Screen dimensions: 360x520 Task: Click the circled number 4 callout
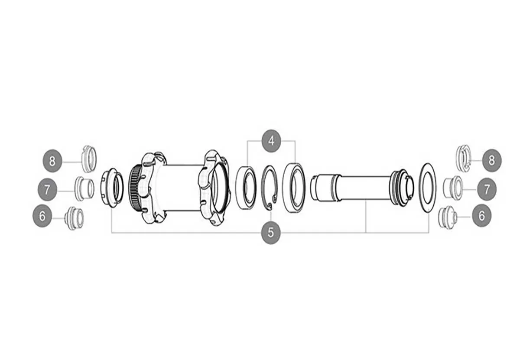tap(271, 141)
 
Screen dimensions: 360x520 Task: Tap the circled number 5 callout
tap(271, 233)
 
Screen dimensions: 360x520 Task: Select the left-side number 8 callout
tap(52, 161)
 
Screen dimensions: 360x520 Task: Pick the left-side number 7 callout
tap(47, 189)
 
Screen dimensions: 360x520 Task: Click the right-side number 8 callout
tap(491, 160)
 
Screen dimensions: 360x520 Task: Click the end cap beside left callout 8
tap(89, 159)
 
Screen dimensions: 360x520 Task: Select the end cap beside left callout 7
tap(84, 188)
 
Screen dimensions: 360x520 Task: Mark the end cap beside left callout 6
tap(74, 218)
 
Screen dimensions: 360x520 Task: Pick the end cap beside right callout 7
tap(453, 187)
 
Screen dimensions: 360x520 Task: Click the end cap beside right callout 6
tap(447, 217)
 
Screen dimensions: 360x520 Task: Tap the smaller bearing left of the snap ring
tap(245, 185)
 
